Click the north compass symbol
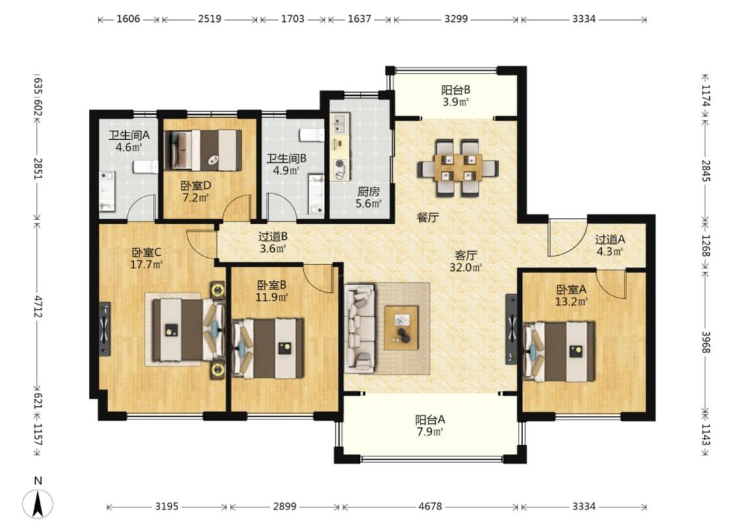38,504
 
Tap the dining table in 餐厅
458,168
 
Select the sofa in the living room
360,328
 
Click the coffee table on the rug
401,327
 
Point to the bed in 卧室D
203,150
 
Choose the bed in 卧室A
558,351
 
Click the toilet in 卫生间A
146,167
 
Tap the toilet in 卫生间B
311,134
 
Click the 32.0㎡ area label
466,268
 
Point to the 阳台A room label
430,420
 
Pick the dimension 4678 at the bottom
430,507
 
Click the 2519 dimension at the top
209,19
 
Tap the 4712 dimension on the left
38,307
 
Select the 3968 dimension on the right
705,343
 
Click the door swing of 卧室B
317,279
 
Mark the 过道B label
273,237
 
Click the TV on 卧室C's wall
105,329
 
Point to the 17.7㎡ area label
146,265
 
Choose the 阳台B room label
456,90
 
